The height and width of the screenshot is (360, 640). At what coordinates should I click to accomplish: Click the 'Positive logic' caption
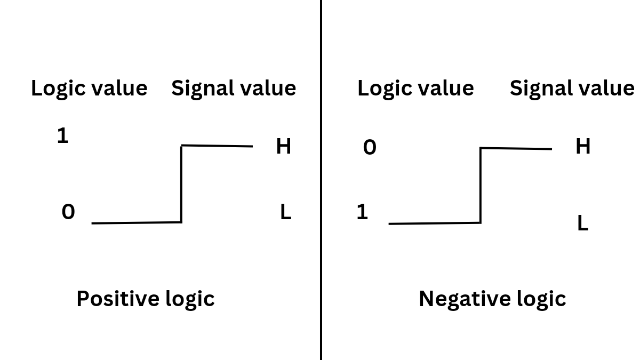click(x=145, y=299)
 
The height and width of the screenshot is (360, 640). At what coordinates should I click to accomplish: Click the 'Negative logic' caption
click(x=492, y=299)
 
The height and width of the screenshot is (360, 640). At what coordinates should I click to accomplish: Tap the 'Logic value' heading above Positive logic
click(x=89, y=88)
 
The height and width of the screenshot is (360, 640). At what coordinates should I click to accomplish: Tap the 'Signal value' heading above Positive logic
click(x=234, y=88)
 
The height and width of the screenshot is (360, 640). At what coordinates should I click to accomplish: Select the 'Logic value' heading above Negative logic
click(x=415, y=88)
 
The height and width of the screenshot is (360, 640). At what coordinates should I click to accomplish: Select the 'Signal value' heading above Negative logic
click(x=572, y=88)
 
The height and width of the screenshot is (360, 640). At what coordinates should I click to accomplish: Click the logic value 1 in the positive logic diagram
click(x=63, y=136)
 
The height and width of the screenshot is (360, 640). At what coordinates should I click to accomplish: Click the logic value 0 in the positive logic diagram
click(x=68, y=212)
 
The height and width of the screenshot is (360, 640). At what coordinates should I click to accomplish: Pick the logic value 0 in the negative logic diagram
click(x=370, y=147)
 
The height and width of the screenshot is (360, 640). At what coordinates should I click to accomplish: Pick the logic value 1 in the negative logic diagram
click(x=362, y=212)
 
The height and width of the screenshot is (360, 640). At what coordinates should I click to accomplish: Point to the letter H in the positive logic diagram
click(x=284, y=146)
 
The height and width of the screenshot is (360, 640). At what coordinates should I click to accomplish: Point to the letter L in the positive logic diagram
click(x=286, y=213)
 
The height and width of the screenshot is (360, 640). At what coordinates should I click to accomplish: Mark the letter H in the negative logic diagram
click(x=583, y=146)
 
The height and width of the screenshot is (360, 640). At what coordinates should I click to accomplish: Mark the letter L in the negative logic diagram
click(x=583, y=223)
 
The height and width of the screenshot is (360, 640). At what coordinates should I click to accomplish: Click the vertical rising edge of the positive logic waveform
click(x=181, y=184)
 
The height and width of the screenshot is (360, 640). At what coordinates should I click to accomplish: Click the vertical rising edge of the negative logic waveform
click(x=481, y=186)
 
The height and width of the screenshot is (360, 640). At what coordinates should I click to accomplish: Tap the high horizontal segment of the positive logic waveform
click(x=217, y=146)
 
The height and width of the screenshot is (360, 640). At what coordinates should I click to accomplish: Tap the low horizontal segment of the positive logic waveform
click(x=137, y=222)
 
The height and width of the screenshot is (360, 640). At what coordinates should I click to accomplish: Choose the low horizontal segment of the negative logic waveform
click(x=435, y=223)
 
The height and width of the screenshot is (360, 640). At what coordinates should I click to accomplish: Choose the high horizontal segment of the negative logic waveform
click(x=516, y=148)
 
